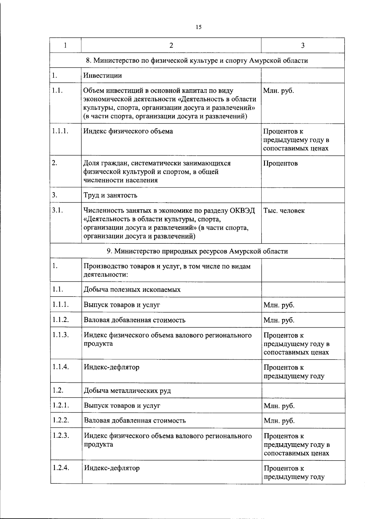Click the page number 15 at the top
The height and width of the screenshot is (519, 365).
[x=198, y=27]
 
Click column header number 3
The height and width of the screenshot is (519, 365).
[x=303, y=45]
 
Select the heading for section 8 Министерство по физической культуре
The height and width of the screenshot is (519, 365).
[x=197, y=60]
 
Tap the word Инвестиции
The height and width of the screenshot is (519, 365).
[x=103, y=75]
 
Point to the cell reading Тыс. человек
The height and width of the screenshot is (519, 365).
[x=284, y=211]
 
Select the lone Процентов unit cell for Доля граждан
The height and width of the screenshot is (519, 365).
[x=280, y=163]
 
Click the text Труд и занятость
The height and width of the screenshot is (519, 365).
[x=110, y=195]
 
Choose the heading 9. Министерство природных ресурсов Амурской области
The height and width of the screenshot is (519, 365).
[x=197, y=251]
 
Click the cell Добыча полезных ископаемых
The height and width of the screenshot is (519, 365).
[x=132, y=290]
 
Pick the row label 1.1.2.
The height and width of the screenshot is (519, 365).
[x=60, y=320]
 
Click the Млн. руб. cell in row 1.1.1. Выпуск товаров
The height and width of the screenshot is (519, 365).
[x=279, y=305]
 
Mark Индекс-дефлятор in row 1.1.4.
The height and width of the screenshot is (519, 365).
[x=111, y=367]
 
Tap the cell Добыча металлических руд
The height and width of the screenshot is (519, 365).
[x=127, y=391]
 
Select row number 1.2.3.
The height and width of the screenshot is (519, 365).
[x=61, y=436]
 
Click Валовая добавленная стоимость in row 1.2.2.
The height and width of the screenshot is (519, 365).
[x=134, y=421]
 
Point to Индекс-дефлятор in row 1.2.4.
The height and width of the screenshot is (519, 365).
[x=112, y=468]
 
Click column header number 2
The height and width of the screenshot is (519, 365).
[x=171, y=45]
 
